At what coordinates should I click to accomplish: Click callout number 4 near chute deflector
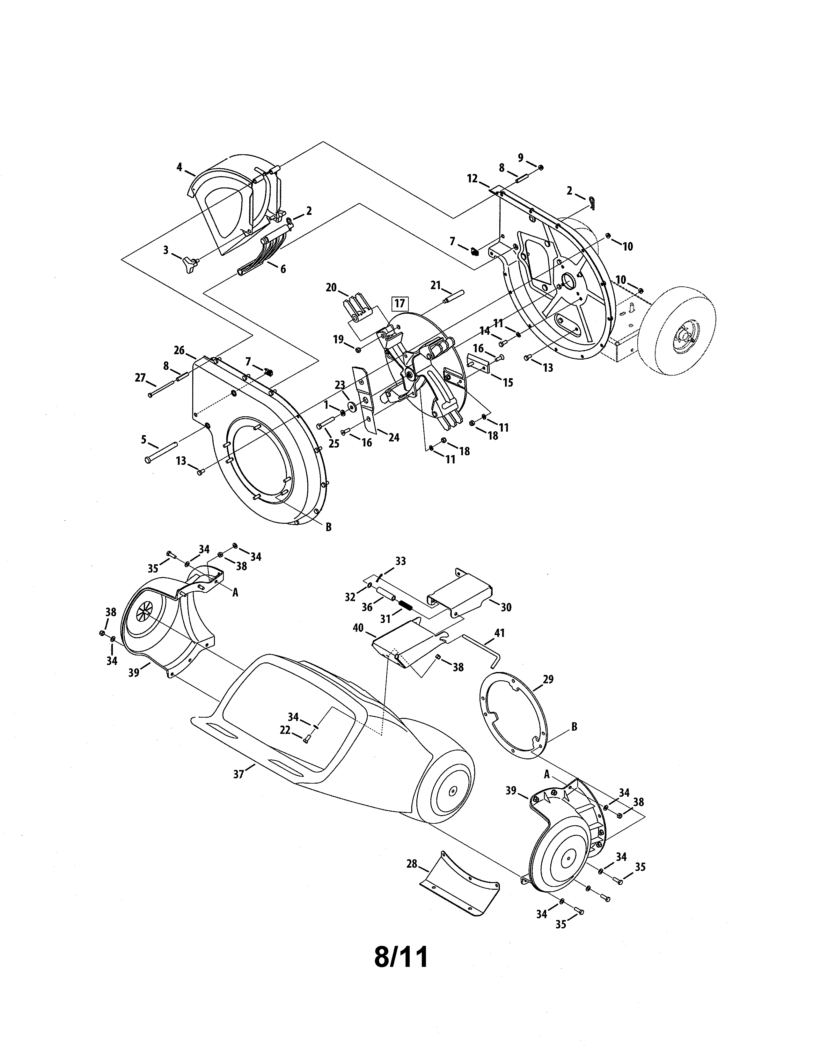(x=179, y=167)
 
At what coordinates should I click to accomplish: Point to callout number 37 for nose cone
(x=238, y=775)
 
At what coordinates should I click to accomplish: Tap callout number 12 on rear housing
(x=472, y=179)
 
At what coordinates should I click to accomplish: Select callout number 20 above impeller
(x=331, y=288)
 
